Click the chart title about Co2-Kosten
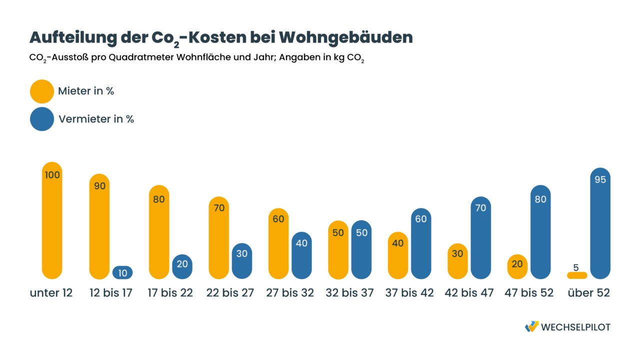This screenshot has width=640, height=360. [221, 37]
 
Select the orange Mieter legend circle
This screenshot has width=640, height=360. [42, 91]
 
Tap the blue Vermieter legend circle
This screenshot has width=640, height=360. [42, 119]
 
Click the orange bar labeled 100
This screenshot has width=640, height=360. [52, 220]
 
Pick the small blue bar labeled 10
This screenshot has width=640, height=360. [122, 272]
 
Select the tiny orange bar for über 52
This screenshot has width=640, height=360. [577, 275]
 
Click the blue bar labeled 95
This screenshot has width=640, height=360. [600, 223]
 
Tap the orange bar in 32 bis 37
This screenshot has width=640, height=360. [338, 249]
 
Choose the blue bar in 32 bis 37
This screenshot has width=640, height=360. [361, 249]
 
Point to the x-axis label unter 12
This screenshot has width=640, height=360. [51, 293]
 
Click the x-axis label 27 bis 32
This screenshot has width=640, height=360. [290, 293]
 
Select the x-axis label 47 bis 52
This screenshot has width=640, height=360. [529, 293]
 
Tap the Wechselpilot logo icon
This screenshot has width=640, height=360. [531, 326]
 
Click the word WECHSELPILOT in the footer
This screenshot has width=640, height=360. [576, 327]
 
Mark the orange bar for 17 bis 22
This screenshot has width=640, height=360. [159, 232]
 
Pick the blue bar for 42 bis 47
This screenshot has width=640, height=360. [480, 237]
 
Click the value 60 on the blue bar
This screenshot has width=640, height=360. [421, 218]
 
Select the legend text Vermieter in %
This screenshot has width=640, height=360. [96, 119]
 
